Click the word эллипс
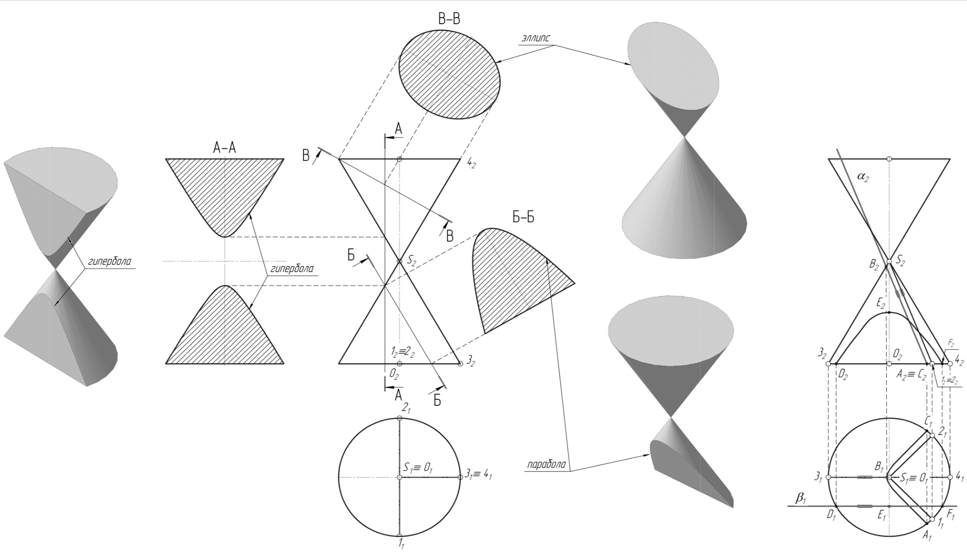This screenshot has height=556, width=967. (x=536, y=38)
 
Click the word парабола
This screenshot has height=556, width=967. (x=547, y=464)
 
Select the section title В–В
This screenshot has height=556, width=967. (x=449, y=19)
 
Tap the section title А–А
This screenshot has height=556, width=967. (x=224, y=148)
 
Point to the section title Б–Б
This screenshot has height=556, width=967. (x=523, y=217)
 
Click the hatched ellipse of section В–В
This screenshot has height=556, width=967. (x=449, y=74)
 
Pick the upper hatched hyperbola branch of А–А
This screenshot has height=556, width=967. (x=224, y=195)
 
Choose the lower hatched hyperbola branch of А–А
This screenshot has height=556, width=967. (x=224, y=330)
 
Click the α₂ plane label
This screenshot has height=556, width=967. (x=862, y=177)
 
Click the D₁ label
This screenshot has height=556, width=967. (x=831, y=515)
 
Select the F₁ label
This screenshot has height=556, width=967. (x=950, y=515)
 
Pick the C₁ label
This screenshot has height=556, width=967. (x=928, y=422)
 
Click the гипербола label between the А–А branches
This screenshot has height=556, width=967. (x=292, y=269)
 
